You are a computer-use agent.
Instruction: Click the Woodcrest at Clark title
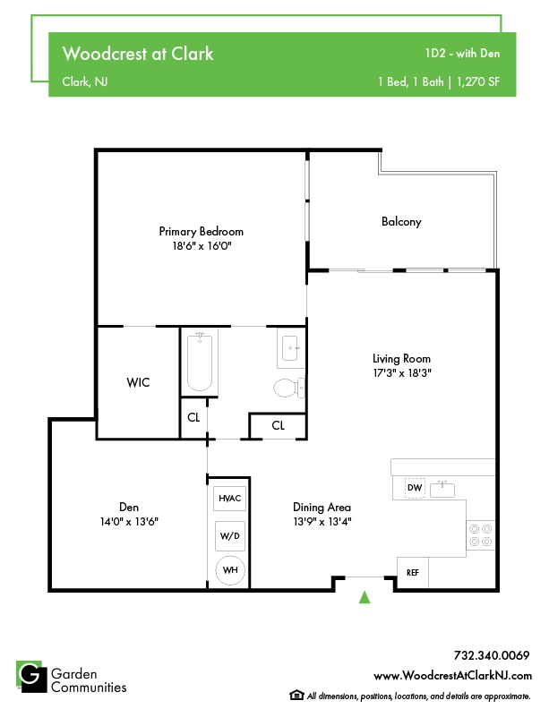pos(137,54)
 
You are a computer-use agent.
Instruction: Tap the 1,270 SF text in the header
pos(478,81)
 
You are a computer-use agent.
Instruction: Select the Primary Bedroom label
pos(202,231)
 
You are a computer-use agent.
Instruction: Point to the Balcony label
pos(400,221)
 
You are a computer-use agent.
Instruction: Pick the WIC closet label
pos(137,382)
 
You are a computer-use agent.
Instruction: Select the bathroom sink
pos(291,348)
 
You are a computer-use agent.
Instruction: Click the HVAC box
pos(229,498)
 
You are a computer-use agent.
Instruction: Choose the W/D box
pos(229,535)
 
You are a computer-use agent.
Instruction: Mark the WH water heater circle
pos(229,570)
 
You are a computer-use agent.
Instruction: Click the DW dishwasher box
pos(415,489)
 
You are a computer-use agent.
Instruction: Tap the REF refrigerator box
pos(413,572)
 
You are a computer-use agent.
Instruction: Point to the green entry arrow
pos(364,598)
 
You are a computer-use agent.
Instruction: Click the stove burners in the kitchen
pos(481,535)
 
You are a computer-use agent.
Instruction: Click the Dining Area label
pos(322,507)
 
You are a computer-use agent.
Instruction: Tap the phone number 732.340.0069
pos(492,655)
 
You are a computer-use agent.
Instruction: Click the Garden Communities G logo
pos(31,676)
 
